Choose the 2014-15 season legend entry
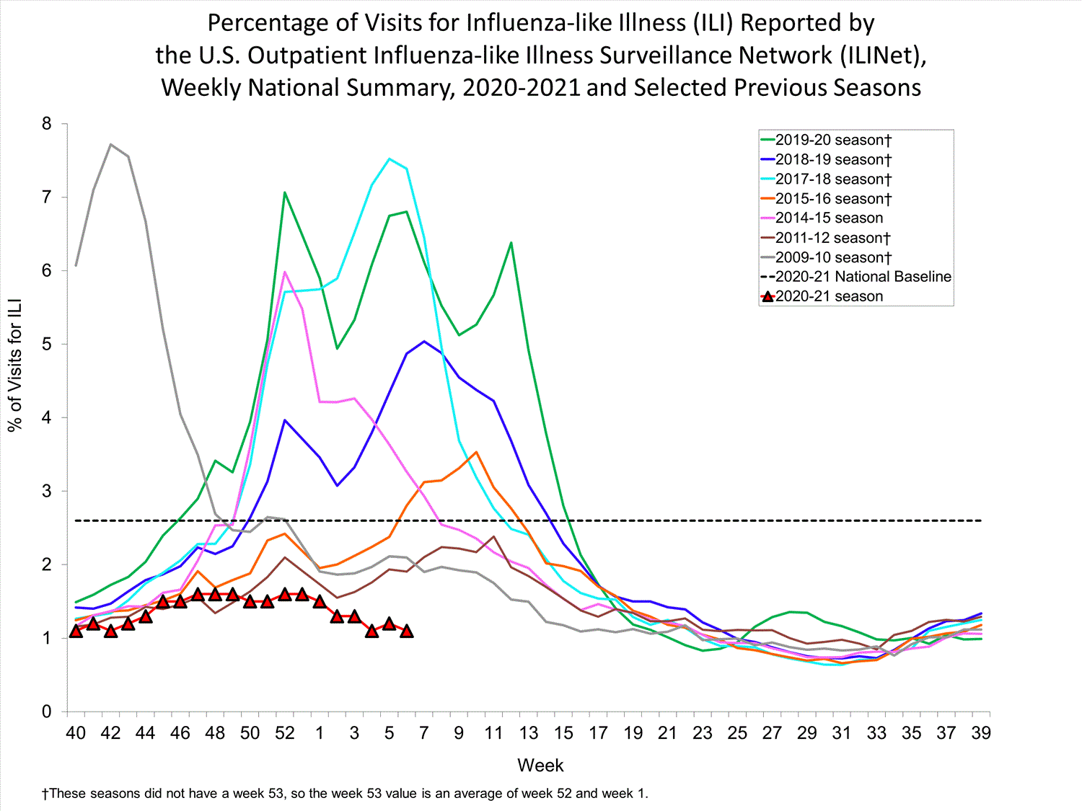click(829, 218)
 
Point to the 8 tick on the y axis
click(47, 124)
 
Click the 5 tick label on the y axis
click(47, 344)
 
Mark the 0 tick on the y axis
click(47, 712)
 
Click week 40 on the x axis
click(76, 733)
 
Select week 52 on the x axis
click(285, 733)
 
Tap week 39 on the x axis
click(981, 733)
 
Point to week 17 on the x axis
click(598, 733)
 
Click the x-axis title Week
click(540, 766)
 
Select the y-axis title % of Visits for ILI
click(15, 364)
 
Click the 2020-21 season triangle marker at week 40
click(76, 631)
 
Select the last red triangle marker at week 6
click(407, 631)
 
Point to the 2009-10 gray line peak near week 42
click(110, 144)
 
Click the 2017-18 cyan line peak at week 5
click(390, 159)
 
